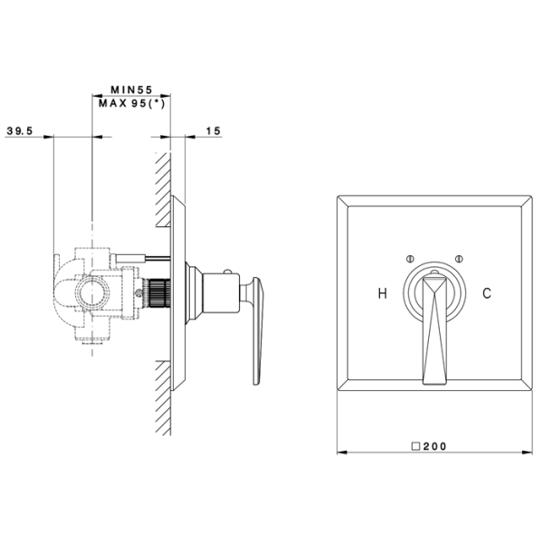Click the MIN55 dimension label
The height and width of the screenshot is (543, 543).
[131, 90]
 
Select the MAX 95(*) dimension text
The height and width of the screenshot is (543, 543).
[132, 103]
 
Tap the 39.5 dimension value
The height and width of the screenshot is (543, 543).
[20, 131]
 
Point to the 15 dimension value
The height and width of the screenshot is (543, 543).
[214, 131]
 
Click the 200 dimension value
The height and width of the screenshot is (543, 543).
[434, 446]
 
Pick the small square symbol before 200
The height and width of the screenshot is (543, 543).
[415, 446]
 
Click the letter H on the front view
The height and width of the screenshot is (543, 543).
[382, 293]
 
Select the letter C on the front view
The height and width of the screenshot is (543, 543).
[487, 293]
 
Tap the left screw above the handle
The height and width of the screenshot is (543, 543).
[410, 259]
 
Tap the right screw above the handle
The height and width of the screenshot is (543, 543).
[459, 259]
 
